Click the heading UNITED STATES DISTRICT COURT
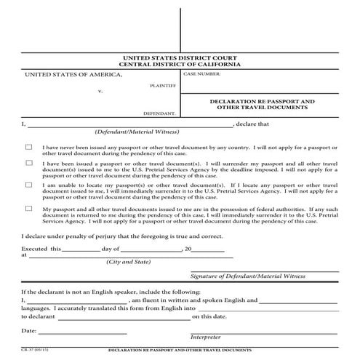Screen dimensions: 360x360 click(x=180, y=57)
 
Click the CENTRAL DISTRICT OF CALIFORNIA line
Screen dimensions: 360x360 click(x=180, y=64)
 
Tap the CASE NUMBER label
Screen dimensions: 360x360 click(x=201, y=74)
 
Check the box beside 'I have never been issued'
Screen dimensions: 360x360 click(x=28, y=146)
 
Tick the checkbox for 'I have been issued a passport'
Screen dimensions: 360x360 click(x=28, y=165)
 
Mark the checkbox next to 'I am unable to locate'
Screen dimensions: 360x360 click(x=28, y=185)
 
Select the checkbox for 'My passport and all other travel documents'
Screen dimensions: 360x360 click(x=28, y=209)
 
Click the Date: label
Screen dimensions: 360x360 click(x=29, y=331)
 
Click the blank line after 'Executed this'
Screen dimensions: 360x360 click(x=75, y=249)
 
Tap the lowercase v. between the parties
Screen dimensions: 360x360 click(x=100, y=92)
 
